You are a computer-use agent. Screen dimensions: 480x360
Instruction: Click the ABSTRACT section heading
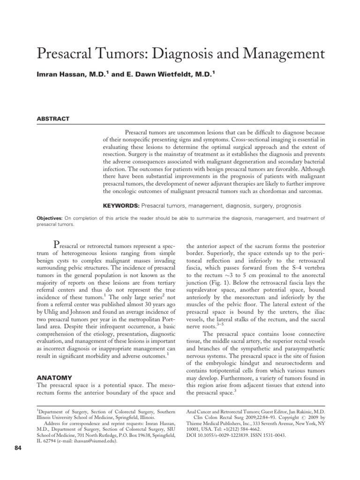point(53,119)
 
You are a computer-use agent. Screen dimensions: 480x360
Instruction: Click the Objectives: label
point(49,218)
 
